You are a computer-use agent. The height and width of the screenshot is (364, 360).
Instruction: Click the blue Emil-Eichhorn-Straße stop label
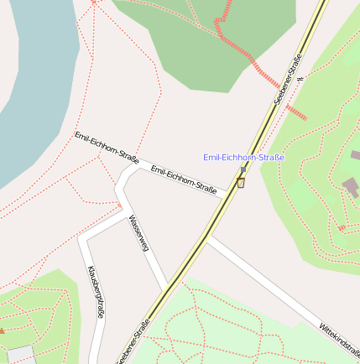pos(244,158)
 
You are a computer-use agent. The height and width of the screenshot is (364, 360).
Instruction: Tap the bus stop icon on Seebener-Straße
pos(241,182)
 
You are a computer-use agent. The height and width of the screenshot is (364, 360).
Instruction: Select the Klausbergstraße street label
pos(96,291)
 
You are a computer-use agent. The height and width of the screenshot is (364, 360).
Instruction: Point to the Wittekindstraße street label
pos(339,339)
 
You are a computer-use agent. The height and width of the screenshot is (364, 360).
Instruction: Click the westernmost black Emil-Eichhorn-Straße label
pos(107,146)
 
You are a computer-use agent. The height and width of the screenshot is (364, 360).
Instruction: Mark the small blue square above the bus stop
pos(243,169)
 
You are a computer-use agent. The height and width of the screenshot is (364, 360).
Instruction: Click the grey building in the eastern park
pos(350,186)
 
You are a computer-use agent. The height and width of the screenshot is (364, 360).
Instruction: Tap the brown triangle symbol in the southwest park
pos(2,330)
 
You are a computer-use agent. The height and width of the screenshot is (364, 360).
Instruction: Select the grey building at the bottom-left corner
pos(18,354)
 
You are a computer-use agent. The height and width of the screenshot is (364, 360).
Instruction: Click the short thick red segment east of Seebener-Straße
pos(295,112)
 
